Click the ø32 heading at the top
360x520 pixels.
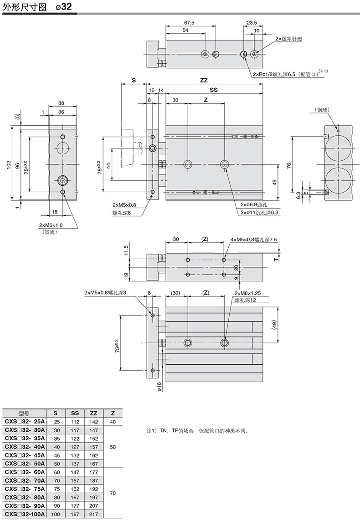tap(64, 6)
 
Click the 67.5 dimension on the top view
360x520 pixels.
tap(189, 23)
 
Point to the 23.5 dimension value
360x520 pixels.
tap(252, 23)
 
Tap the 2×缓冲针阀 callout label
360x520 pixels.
tap(288, 39)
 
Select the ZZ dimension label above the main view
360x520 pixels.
tap(204, 80)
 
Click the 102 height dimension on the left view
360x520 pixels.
tap(8, 165)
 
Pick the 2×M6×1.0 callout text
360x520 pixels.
tap(51, 225)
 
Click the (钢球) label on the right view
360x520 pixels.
tap(323, 109)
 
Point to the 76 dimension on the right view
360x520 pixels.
tap(288, 165)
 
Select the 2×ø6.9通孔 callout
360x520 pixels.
tap(254, 204)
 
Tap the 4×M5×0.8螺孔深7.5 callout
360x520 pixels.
tap(254, 240)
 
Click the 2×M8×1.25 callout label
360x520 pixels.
tap(247, 293)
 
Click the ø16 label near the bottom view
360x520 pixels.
tap(159, 387)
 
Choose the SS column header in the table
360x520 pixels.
tap(75, 413)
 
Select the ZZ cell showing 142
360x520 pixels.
tap(93, 422)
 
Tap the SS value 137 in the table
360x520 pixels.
tap(75, 464)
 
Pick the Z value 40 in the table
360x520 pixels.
tap(113, 422)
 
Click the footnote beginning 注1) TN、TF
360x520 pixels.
tap(198, 431)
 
